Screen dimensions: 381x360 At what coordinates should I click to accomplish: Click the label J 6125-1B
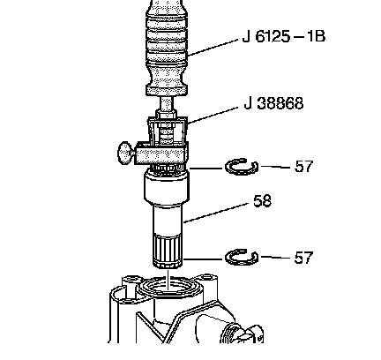coord(284,36)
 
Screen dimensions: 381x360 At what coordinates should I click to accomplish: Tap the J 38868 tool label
coord(273,103)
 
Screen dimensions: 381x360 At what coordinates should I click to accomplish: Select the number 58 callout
coord(262,201)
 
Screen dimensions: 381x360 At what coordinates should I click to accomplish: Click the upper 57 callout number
coord(303,167)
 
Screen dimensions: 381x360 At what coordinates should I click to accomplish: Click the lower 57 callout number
coord(303,258)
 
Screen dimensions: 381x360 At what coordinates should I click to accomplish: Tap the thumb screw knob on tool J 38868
coord(126,153)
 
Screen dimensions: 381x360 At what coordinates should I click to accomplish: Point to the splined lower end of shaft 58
coord(168,251)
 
